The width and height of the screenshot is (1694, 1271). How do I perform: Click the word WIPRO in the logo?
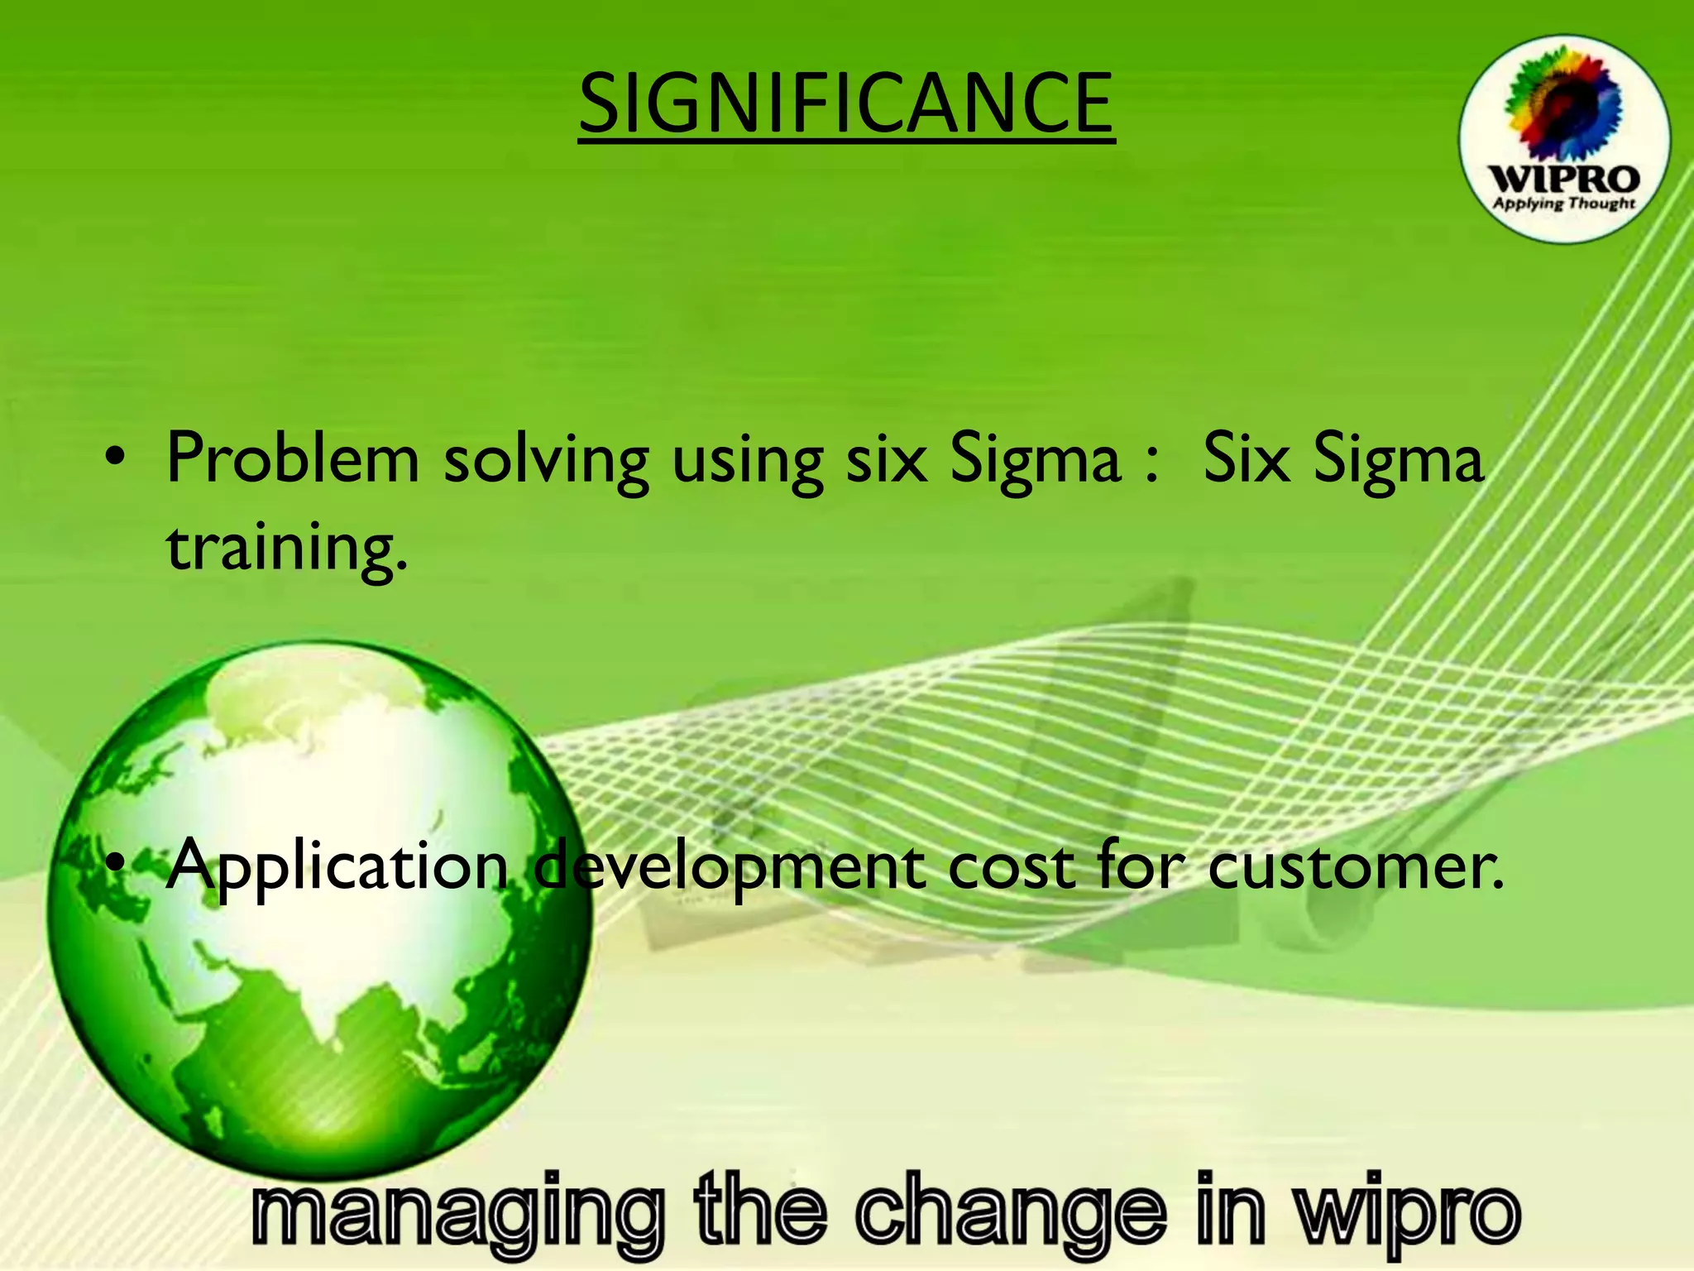pos(1563,179)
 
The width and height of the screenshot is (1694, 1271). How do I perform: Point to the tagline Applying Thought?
pos(1563,204)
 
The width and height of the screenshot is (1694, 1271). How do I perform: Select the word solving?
pos(546,460)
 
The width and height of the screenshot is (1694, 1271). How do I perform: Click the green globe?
pos(318,910)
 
